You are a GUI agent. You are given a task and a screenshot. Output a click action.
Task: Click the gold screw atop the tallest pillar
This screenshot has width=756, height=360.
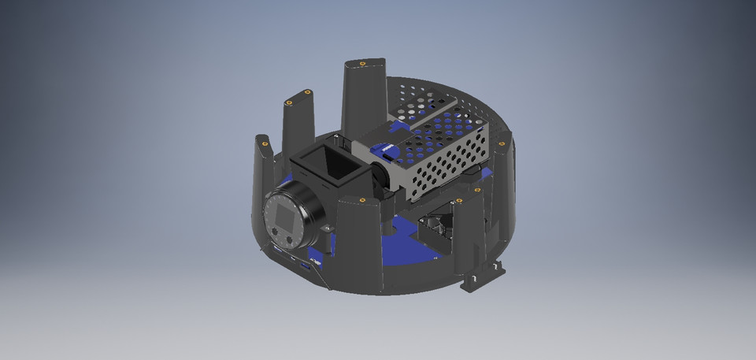[361, 62]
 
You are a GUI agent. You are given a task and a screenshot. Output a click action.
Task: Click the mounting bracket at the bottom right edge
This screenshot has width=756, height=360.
[484, 276]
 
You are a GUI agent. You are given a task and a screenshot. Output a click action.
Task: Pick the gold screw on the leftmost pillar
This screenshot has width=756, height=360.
[262, 143]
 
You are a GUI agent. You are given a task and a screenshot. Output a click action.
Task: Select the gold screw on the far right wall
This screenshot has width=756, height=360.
[501, 144]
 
